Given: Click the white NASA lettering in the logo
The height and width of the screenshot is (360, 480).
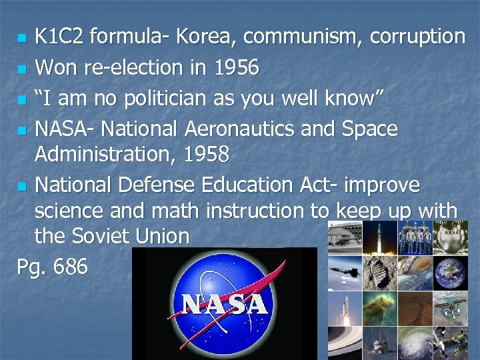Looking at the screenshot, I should point(225,304).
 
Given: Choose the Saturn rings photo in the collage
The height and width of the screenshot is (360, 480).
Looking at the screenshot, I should point(344,343).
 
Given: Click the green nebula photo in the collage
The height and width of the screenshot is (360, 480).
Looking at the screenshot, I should point(379,307).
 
